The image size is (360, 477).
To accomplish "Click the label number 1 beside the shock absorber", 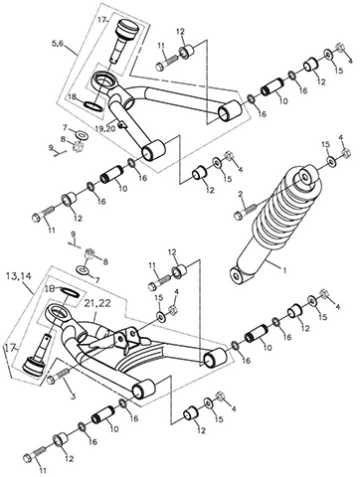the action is pos(283,270).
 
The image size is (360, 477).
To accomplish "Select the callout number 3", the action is pos(74,396).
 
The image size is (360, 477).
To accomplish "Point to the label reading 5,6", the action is pos(57,43).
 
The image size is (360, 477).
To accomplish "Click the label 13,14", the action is pos(19,276).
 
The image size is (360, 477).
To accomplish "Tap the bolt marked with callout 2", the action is pos(245,212).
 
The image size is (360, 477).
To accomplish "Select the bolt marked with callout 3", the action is pos(58,377).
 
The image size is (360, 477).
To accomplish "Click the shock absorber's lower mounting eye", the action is pos(236,275).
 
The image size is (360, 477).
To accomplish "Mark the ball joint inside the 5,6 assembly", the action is pos(123,40).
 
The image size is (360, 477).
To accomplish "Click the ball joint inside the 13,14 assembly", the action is pos(38,354).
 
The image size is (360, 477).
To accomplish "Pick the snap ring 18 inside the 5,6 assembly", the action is pos(93,105).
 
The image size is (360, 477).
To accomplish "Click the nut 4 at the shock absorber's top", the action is pos(345,153).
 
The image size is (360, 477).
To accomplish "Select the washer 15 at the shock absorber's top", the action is pos(331,161).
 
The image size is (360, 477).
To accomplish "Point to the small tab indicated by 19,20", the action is pos(124,124).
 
